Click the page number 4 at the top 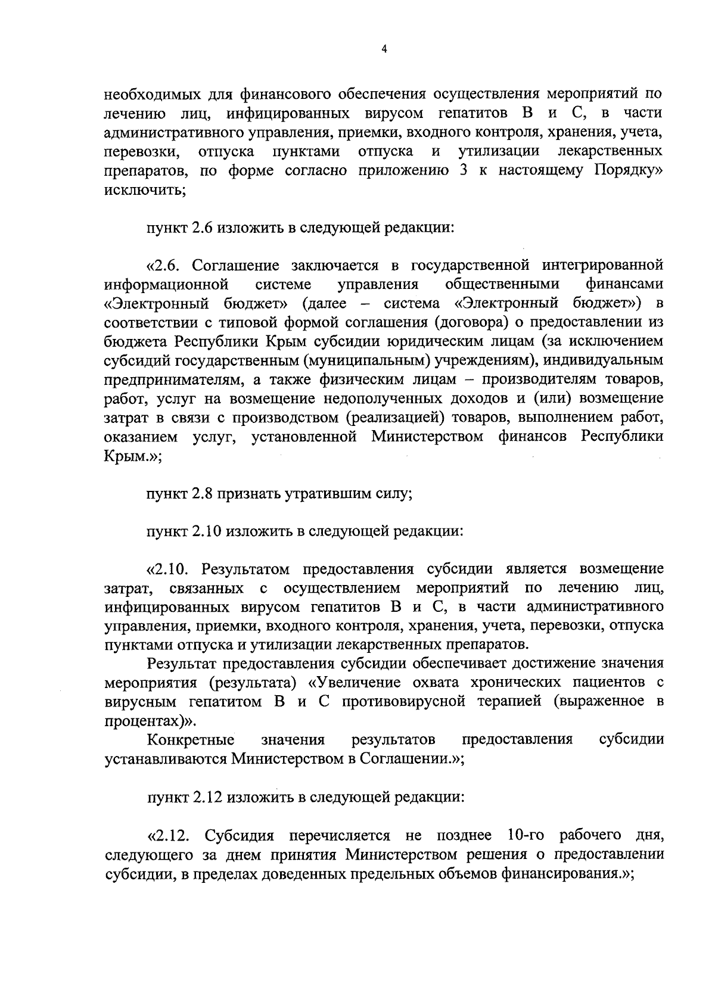(x=384, y=49)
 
